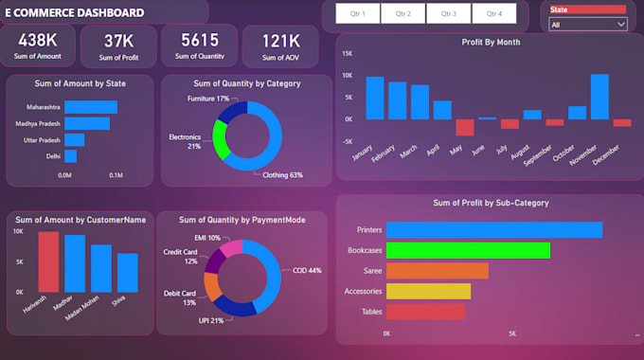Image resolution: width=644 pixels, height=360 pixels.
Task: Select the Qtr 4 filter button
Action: tap(493, 14)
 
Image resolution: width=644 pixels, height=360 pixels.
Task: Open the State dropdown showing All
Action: tap(588, 24)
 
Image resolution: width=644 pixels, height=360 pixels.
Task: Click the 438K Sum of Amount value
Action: tap(38, 41)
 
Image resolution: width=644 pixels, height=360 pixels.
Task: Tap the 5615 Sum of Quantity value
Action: tap(200, 40)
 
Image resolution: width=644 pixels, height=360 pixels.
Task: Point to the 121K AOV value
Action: tap(280, 41)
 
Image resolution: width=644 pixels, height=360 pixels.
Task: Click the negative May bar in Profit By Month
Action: tap(464, 127)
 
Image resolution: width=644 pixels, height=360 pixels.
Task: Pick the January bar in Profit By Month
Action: tap(375, 98)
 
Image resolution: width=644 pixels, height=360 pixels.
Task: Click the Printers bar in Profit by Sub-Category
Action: tap(493, 230)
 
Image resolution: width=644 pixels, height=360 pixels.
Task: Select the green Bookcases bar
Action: tap(468, 250)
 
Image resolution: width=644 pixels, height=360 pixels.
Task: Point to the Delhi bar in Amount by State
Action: tap(70, 155)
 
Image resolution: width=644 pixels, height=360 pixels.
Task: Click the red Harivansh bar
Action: tap(48, 261)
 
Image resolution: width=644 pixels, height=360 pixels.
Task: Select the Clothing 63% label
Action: tap(283, 175)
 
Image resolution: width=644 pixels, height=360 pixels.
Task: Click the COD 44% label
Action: tap(308, 270)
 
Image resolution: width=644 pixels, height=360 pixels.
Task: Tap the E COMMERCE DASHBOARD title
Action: tap(76, 13)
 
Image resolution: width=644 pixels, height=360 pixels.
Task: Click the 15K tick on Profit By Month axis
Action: tap(347, 53)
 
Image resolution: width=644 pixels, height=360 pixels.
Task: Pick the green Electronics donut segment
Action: tap(220, 139)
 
